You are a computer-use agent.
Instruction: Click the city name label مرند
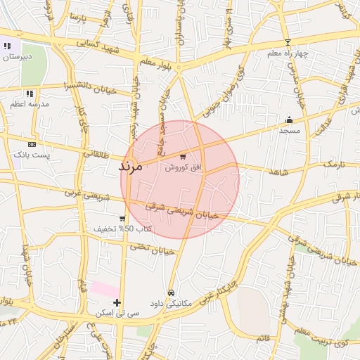point(131,167)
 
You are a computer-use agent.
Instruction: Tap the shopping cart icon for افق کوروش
point(183,157)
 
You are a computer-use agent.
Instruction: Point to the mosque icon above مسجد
point(289,120)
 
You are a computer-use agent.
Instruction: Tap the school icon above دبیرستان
point(7,46)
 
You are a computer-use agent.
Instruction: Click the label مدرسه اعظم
point(29,104)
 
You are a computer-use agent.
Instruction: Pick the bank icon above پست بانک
point(31,144)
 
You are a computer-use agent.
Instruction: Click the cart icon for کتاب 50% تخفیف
point(122,219)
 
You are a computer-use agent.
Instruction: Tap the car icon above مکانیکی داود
point(170,292)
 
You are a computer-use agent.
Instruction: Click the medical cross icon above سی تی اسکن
point(117,302)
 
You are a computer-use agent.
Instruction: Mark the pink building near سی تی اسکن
point(105,288)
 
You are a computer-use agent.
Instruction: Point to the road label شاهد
point(278,171)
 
